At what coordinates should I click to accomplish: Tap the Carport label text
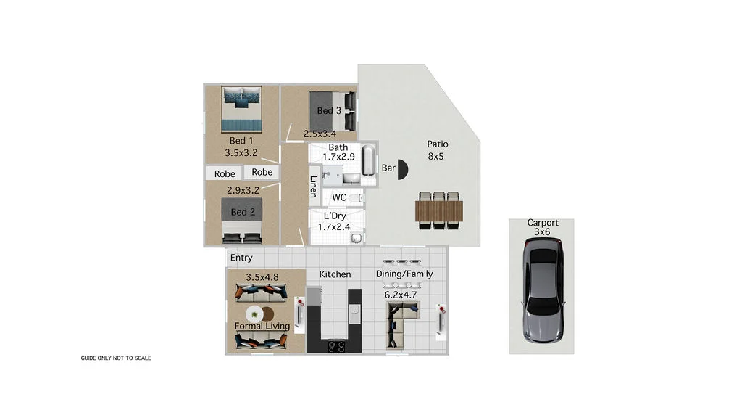coord(542,223)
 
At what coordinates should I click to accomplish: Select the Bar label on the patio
coord(388,168)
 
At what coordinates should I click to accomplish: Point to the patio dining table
coord(438,210)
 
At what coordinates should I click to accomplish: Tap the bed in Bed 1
coord(241,108)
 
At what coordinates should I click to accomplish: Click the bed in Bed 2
coord(241,220)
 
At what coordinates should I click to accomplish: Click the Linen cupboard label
coord(313,187)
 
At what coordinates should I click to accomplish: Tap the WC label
coord(338,197)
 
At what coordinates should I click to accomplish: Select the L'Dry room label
coord(334,216)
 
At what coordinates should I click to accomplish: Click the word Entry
coord(241,258)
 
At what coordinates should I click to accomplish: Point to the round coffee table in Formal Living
coord(256,314)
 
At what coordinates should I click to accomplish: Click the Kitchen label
coord(335,274)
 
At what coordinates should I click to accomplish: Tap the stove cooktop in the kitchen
coord(336,346)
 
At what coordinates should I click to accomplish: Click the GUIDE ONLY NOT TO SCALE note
coord(115,358)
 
